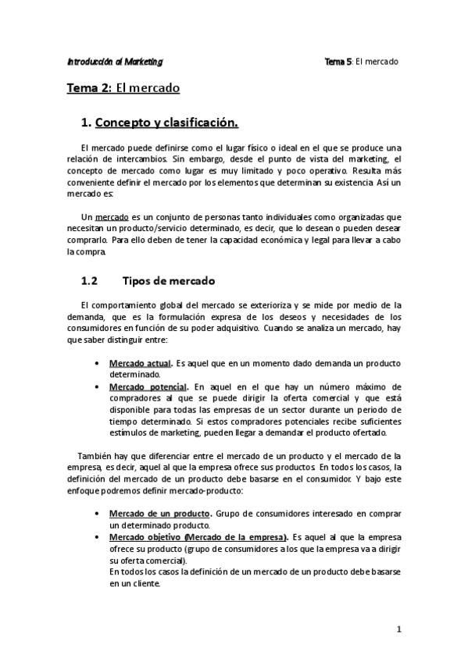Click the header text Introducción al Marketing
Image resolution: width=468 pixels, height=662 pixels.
(x=115, y=61)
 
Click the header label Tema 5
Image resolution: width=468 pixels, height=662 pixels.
(x=338, y=61)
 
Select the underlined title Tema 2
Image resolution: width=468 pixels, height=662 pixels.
(x=89, y=88)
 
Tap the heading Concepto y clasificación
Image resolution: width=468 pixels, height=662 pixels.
(x=166, y=123)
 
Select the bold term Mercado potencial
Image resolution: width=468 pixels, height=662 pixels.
(x=148, y=386)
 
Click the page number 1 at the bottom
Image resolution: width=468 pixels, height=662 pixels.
(x=398, y=628)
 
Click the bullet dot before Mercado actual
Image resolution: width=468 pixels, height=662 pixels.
(x=95, y=365)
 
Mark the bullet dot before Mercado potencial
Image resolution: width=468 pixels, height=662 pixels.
(x=95, y=387)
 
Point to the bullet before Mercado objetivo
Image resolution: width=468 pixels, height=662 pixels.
(x=95, y=538)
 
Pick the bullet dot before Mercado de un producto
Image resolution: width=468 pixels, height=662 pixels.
(x=95, y=514)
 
